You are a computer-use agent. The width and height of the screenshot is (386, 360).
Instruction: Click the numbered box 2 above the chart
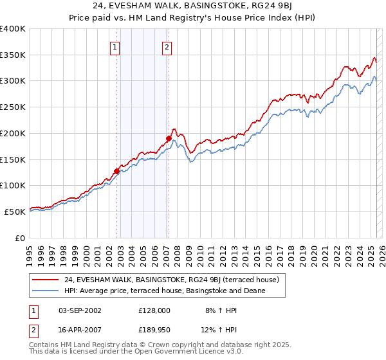click(x=167, y=46)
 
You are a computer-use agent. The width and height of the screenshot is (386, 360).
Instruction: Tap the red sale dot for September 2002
click(x=117, y=171)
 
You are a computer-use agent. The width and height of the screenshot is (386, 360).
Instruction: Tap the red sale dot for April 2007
click(x=169, y=138)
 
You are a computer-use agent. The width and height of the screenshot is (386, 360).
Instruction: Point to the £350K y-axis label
click(x=12, y=55)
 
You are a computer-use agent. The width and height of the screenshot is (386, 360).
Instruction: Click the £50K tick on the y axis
click(x=15, y=212)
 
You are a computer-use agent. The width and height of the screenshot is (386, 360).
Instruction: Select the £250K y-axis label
click(x=12, y=107)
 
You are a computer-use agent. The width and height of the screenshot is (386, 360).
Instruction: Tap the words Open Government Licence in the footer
click(x=172, y=352)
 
